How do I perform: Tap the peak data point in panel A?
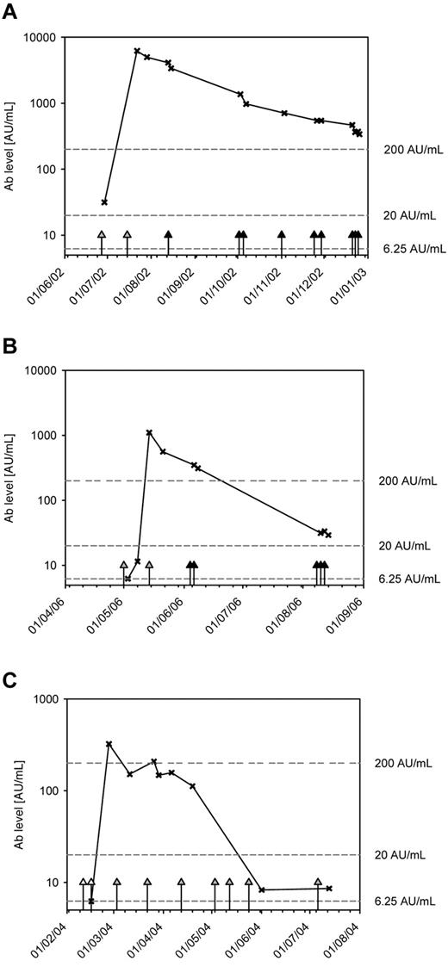[137, 51]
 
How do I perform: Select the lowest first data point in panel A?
[104, 202]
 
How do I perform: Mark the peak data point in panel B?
[149, 432]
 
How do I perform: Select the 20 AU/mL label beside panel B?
[402, 546]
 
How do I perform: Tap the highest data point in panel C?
[109, 744]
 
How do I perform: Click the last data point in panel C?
[329, 888]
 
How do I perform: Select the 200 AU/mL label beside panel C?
[401, 763]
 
